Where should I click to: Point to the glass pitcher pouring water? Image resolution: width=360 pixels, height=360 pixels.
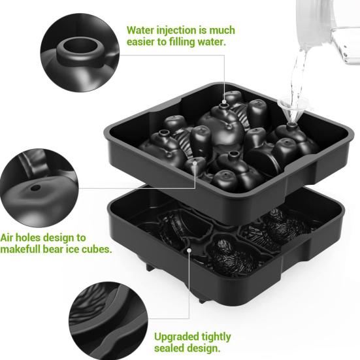[330, 29]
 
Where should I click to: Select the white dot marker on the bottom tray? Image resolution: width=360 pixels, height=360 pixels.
[189, 249]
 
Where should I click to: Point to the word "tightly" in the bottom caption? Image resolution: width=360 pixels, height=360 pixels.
[215, 337]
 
